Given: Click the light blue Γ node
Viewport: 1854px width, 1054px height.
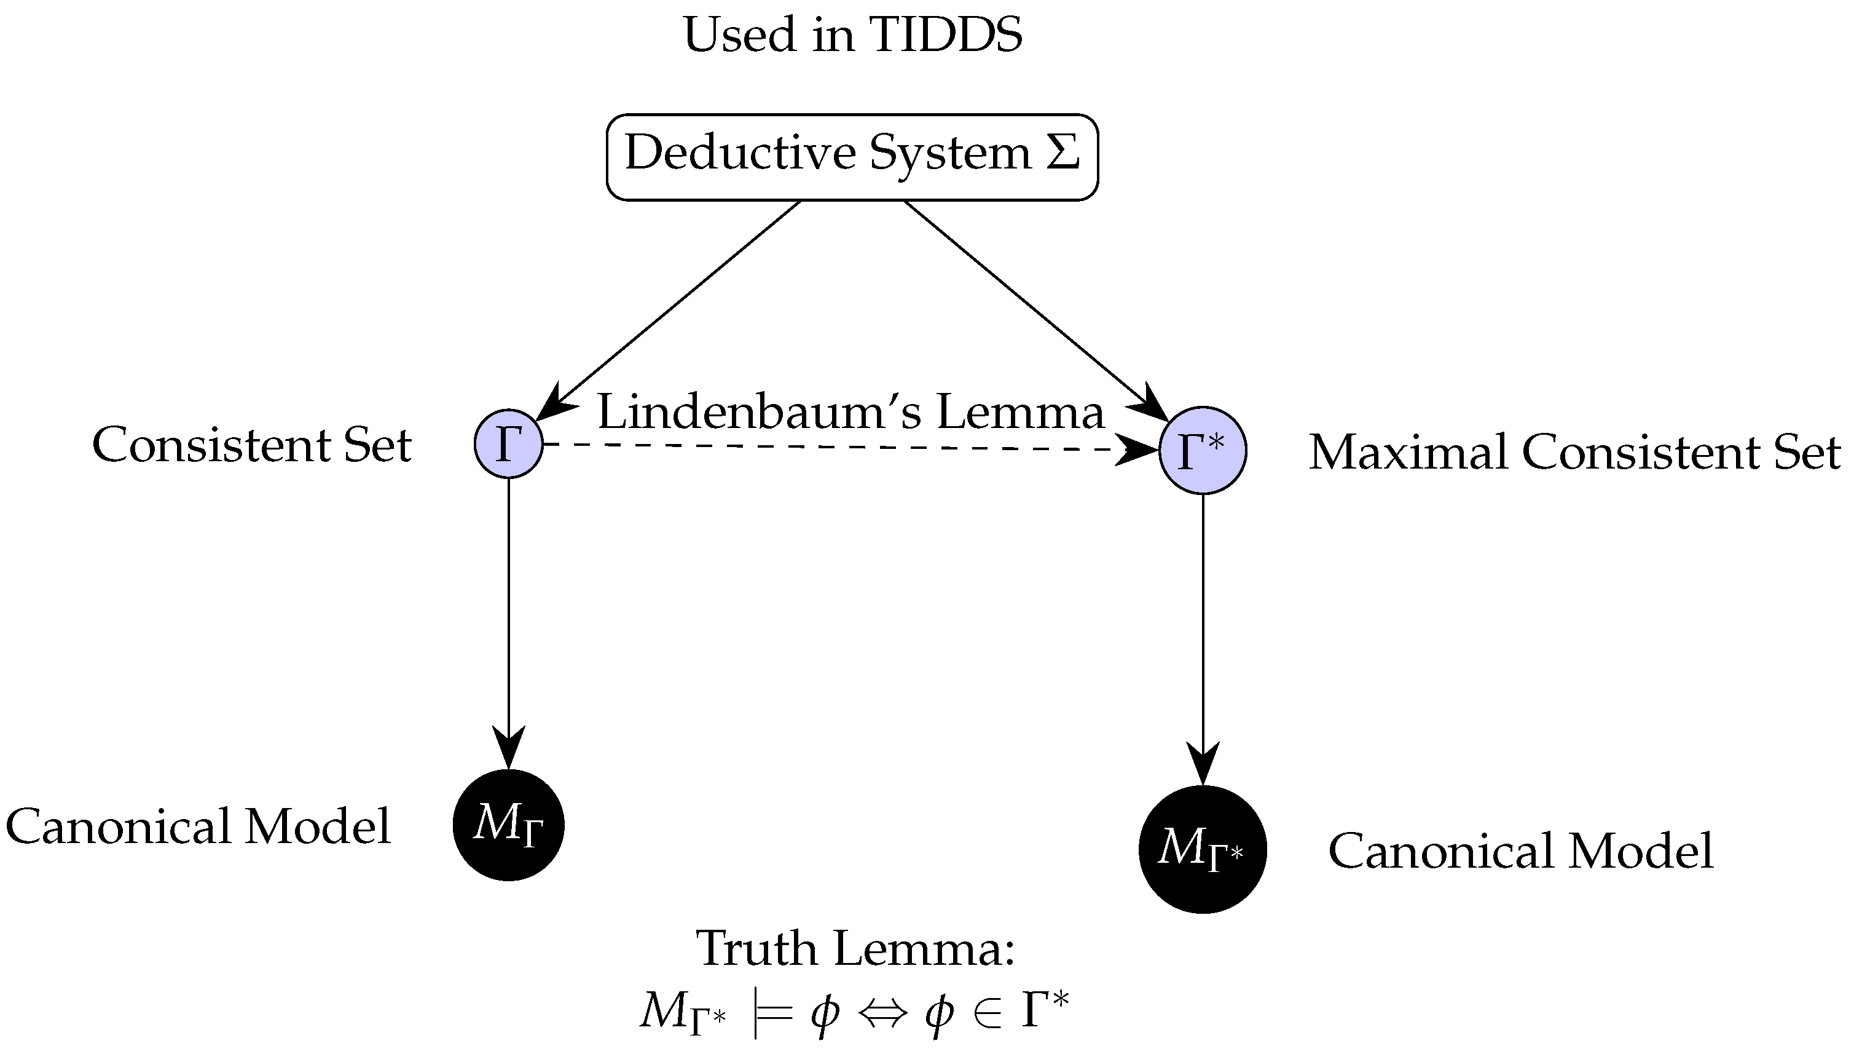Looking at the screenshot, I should tap(509, 444).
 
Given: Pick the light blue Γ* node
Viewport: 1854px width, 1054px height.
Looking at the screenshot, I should tap(1202, 450).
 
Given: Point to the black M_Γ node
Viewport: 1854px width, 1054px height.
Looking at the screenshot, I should tap(509, 825).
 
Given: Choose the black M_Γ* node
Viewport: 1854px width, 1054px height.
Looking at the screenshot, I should tap(1202, 849).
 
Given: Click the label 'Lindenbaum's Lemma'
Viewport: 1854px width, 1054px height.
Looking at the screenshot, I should tap(850, 412).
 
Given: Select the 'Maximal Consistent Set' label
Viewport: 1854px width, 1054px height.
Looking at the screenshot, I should tap(1574, 453).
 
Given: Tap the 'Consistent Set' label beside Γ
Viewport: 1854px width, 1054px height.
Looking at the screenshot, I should tap(252, 445).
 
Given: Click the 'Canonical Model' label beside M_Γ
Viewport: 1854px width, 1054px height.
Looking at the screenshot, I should tap(198, 826).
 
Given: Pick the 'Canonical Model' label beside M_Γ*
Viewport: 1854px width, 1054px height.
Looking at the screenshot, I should tap(1520, 850).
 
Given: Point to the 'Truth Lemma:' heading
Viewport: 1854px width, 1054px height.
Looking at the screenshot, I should tap(855, 948).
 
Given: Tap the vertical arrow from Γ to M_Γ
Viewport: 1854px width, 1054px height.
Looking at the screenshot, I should tap(509, 616).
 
